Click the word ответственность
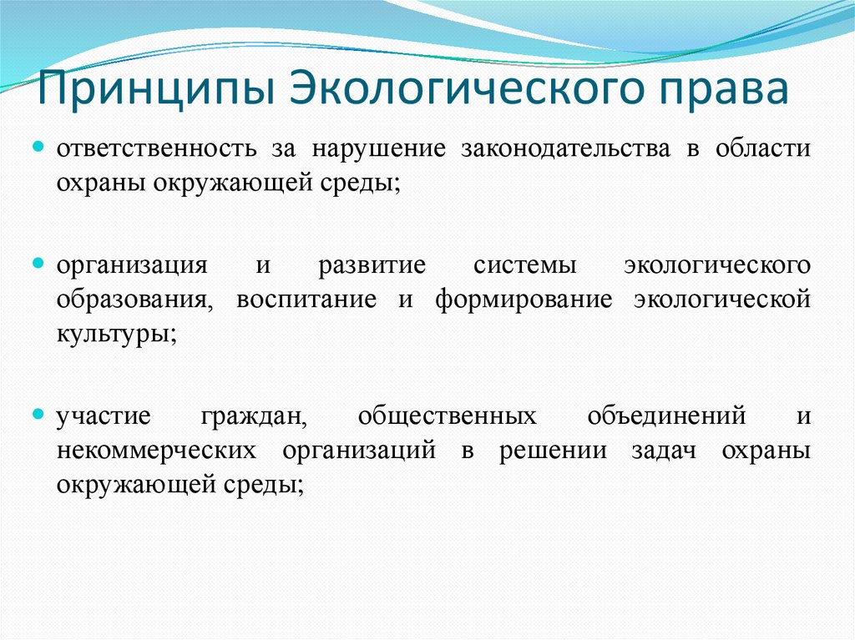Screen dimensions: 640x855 (156, 149)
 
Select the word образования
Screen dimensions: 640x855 (133, 299)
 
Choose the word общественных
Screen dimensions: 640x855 (447, 416)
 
